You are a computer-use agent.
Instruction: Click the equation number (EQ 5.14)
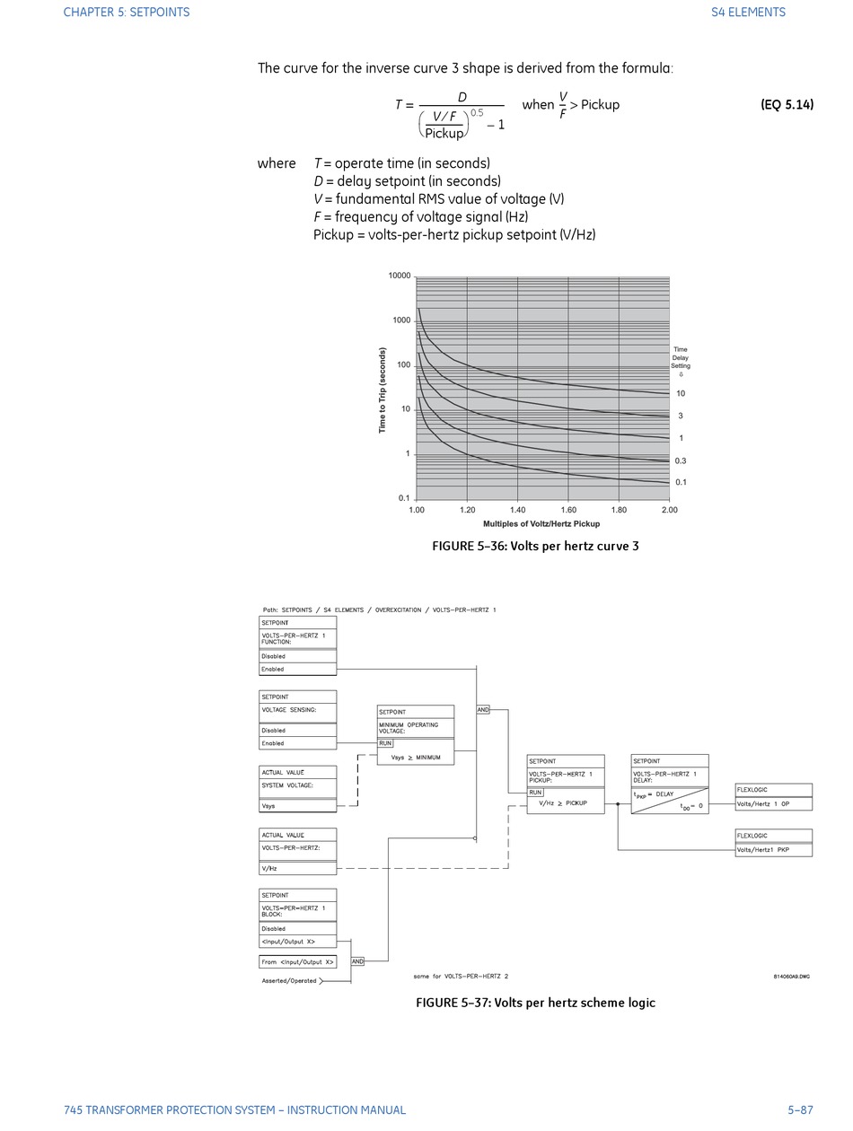point(787,105)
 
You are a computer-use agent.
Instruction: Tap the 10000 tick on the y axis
point(400,276)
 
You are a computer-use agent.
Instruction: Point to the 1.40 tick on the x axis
point(518,510)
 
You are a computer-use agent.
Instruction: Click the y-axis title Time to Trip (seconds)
point(383,390)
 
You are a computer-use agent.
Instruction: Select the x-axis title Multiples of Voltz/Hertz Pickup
point(541,523)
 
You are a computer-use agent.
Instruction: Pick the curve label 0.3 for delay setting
point(681,461)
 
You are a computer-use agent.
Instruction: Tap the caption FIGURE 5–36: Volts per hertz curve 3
point(535,546)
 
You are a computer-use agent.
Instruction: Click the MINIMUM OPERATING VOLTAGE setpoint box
point(415,727)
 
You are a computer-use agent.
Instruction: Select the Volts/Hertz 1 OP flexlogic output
point(773,804)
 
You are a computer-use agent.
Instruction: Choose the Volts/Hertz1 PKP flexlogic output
point(773,849)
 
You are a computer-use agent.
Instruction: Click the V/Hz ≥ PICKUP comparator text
point(563,803)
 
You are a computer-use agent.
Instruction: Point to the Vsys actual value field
point(297,806)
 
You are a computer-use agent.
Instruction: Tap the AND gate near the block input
point(357,961)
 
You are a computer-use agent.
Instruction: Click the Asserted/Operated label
point(289,981)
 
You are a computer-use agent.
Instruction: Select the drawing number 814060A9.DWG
point(791,977)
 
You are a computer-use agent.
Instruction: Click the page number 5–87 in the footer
point(800,1110)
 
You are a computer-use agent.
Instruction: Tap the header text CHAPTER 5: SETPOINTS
point(127,13)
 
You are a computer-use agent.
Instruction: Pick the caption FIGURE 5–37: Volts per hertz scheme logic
point(535,1003)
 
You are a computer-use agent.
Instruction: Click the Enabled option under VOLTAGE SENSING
point(297,743)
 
